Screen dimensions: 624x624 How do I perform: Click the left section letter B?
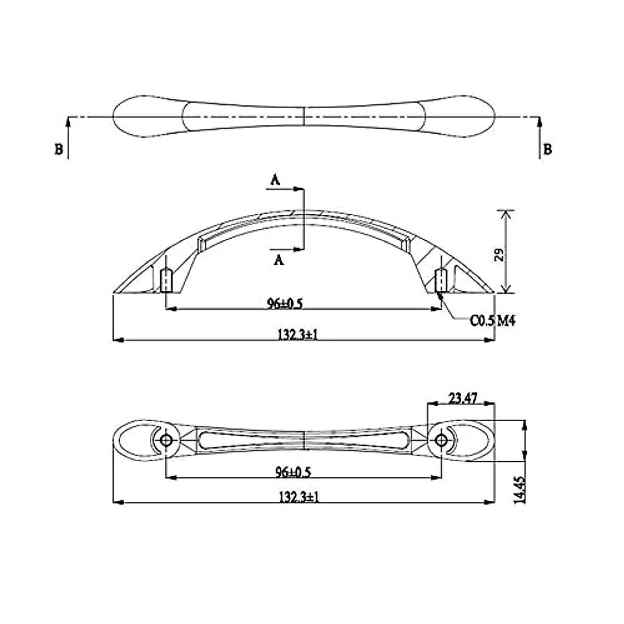59,150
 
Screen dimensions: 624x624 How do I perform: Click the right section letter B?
547,150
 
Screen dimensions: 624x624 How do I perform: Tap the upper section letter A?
275,180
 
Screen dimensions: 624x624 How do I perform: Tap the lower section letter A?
279,259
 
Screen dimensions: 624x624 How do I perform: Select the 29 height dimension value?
499,254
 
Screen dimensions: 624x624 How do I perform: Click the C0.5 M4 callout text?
492,321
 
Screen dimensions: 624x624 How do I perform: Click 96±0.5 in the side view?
284,304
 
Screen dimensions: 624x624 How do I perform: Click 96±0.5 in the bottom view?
293,473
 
